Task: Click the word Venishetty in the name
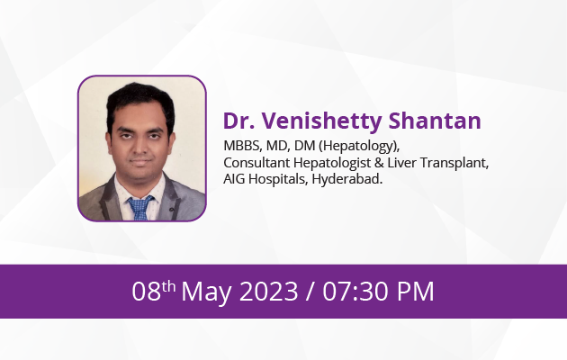click(322, 121)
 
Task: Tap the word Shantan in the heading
click(435, 121)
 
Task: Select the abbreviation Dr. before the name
click(239, 121)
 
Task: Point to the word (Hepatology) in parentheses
click(359, 146)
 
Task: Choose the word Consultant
click(256, 163)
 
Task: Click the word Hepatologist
click(332, 163)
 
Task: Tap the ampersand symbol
click(379, 163)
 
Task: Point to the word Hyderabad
click(347, 179)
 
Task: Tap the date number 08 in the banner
click(147, 292)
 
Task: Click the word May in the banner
click(206, 292)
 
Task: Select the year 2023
click(269, 292)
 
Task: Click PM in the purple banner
click(416, 292)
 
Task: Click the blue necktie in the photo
click(140, 208)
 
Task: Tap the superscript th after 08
click(168, 286)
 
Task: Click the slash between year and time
click(310, 292)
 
